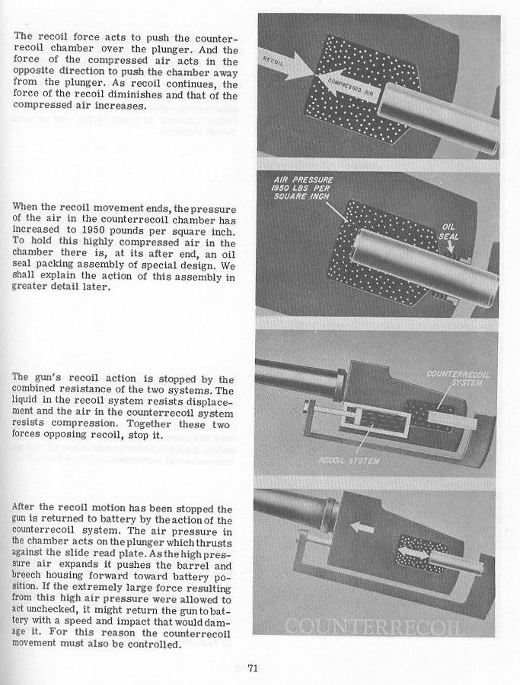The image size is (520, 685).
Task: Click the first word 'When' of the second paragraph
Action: (27, 208)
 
